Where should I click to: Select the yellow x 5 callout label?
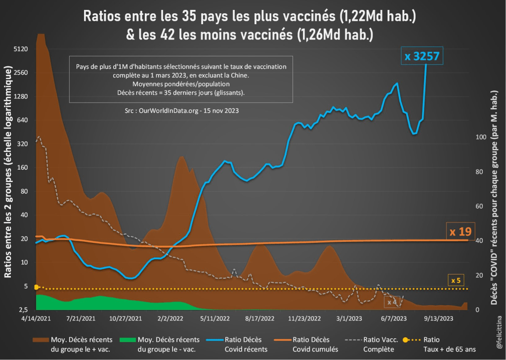[456, 281]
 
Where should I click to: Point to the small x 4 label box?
[392, 302]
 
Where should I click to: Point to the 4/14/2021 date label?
[36, 319]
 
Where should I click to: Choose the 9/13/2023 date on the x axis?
[438, 319]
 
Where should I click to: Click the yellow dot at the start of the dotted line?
[36, 287]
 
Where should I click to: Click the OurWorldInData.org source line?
[182, 111]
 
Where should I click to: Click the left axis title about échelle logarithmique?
[8, 173]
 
